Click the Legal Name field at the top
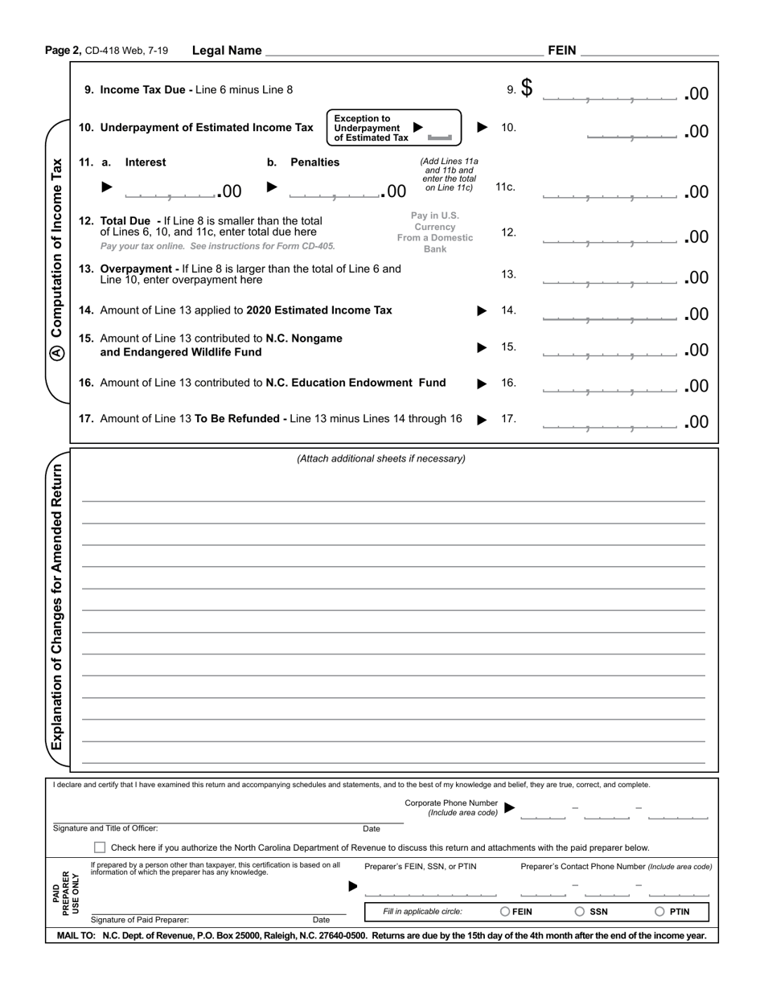coord(402,51)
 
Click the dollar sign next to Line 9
coord(527,88)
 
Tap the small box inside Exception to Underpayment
coord(440,137)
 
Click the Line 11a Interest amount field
coord(170,191)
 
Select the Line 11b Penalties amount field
coord(334,191)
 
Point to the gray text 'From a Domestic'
coord(435,238)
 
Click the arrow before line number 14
coord(482,311)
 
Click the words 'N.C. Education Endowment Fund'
coord(355,383)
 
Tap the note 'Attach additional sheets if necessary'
coord(381,459)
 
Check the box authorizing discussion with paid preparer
coord(100,847)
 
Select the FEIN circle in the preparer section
coord(505,912)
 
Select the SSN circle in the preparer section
coord(579,912)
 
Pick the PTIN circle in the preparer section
coord(659,912)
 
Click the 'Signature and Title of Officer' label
coord(105,828)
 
